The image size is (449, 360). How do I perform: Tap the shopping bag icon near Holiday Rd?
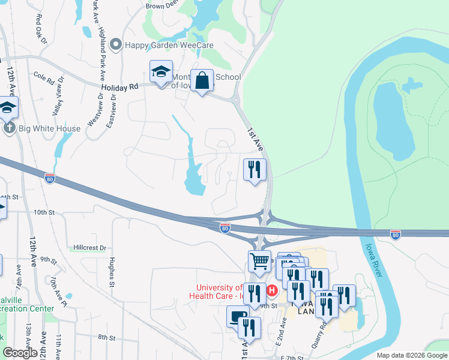pos(202,80)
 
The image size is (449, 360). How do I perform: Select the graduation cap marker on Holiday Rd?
pos(161,73)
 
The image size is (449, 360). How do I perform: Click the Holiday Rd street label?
pos(119,88)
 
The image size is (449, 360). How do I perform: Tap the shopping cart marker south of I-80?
pos(259,262)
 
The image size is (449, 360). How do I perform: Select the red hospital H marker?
pos(271,291)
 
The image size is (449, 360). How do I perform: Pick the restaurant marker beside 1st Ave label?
pos(255,170)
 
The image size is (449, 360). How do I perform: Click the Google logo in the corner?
pos(20,353)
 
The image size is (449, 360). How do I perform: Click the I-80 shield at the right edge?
pos(396,233)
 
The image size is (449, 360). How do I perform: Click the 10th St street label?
pos(44,212)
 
